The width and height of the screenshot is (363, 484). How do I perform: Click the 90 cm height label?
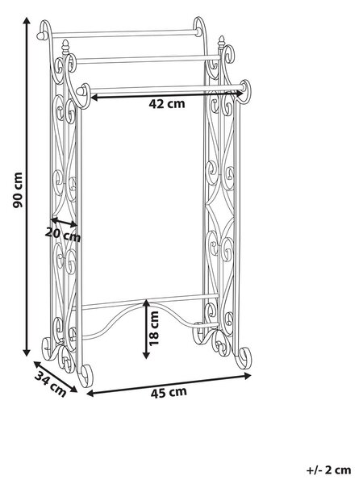(18, 190)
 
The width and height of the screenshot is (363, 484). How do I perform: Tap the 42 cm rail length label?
(167, 104)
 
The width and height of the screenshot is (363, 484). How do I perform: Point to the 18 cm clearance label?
(153, 328)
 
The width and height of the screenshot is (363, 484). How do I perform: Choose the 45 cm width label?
(169, 392)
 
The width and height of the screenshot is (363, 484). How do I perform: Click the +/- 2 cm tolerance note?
(329, 470)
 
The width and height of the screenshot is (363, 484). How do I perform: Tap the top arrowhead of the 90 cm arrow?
(27, 20)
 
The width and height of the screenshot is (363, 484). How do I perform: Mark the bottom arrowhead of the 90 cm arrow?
(27, 353)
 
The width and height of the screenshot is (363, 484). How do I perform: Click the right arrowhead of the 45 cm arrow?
(248, 376)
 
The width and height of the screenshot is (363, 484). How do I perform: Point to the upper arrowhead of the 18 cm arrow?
(147, 302)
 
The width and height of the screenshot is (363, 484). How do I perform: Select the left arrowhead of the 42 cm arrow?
(94, 98)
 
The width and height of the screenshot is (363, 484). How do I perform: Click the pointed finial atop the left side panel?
(65, 47)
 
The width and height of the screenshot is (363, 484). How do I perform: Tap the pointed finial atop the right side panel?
(221, 43)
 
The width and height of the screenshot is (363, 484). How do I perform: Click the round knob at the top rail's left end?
(41, 35)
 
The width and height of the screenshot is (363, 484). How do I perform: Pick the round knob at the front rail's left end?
(81, 91)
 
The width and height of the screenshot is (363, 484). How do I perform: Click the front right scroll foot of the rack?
(244, 358)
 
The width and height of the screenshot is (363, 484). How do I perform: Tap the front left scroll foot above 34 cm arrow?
(86, 375)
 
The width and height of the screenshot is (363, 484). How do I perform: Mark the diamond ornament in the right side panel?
(219, 213)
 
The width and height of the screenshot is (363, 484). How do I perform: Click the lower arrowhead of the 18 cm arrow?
(147, 355)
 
